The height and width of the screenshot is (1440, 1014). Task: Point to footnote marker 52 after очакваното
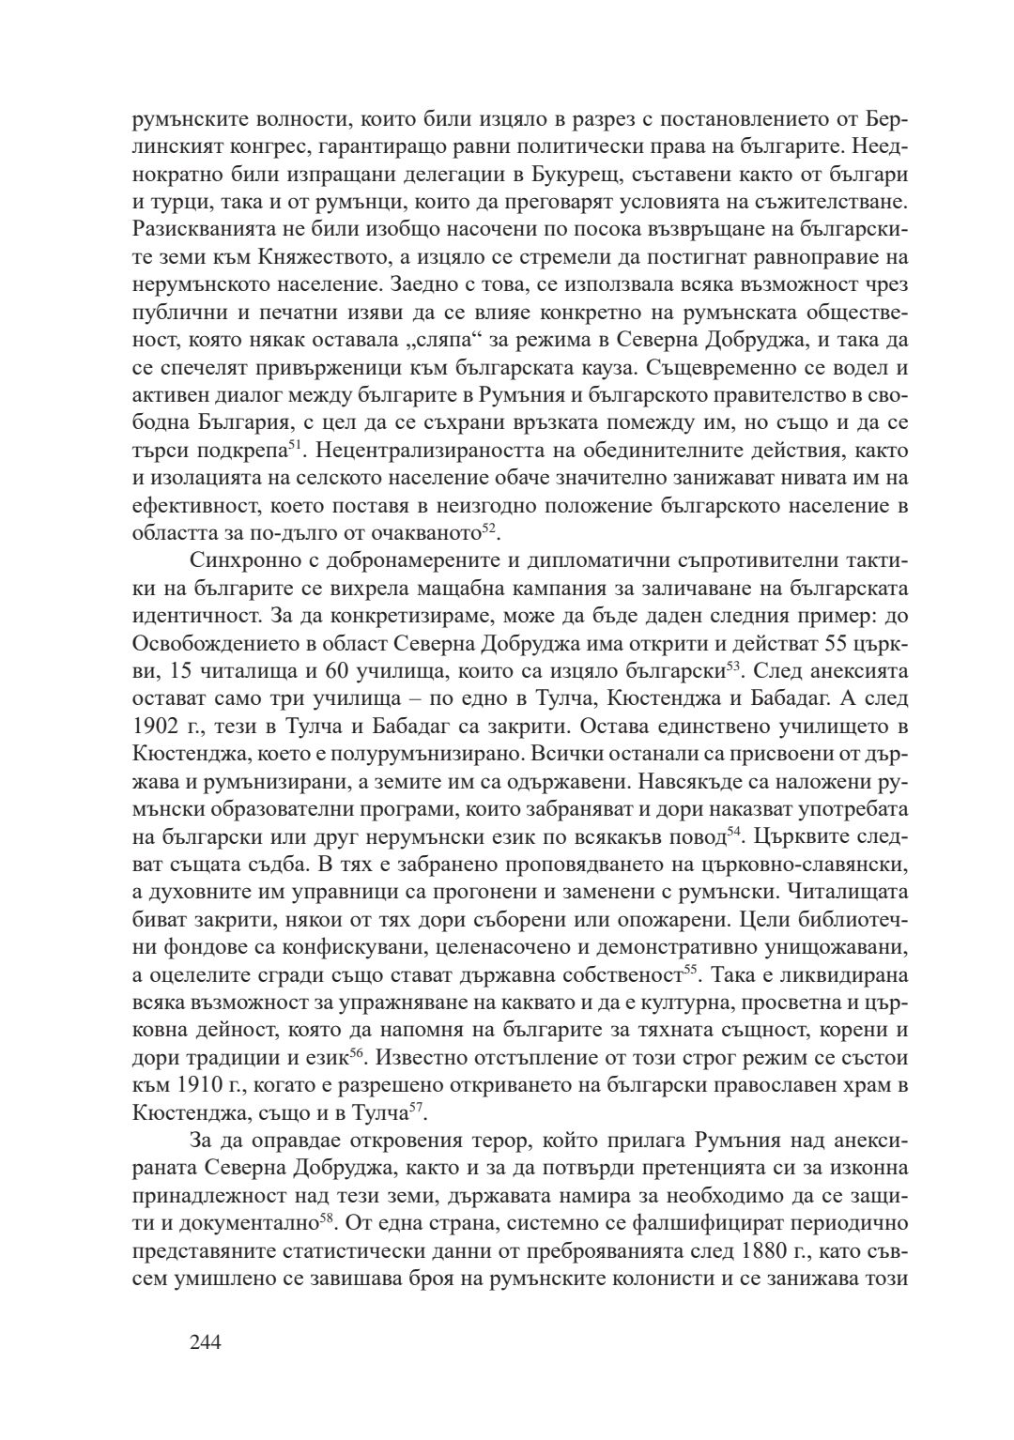pos(488,529)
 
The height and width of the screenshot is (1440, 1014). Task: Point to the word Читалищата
pos(845,887)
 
